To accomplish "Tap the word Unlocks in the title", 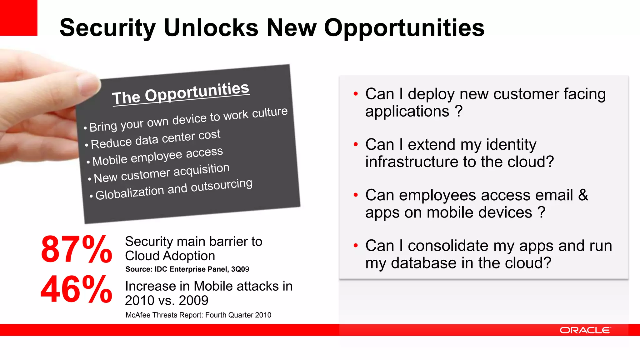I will [x=211, y=27].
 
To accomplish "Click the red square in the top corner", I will [x=18, y=17].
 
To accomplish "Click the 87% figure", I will [x=76, y=249].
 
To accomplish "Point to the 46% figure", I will [x=76, y=289].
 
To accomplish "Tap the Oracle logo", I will [x=585, y=330].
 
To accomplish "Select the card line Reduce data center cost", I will [x=155, y=139].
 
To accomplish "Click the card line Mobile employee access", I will [x=157, y=156].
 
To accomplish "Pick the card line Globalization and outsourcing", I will [x=174, y=189].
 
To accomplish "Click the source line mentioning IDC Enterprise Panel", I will [x=187, y=269].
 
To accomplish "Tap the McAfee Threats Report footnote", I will [x=198, y=315].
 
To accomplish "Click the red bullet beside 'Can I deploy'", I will [x=355, y=94].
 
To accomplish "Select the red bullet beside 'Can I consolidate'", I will [x=355, y=246].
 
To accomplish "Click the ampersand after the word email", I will [x=583, y=195].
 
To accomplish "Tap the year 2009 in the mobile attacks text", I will [x=193, y=301].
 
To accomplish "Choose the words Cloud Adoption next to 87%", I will [x=170, y=256].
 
